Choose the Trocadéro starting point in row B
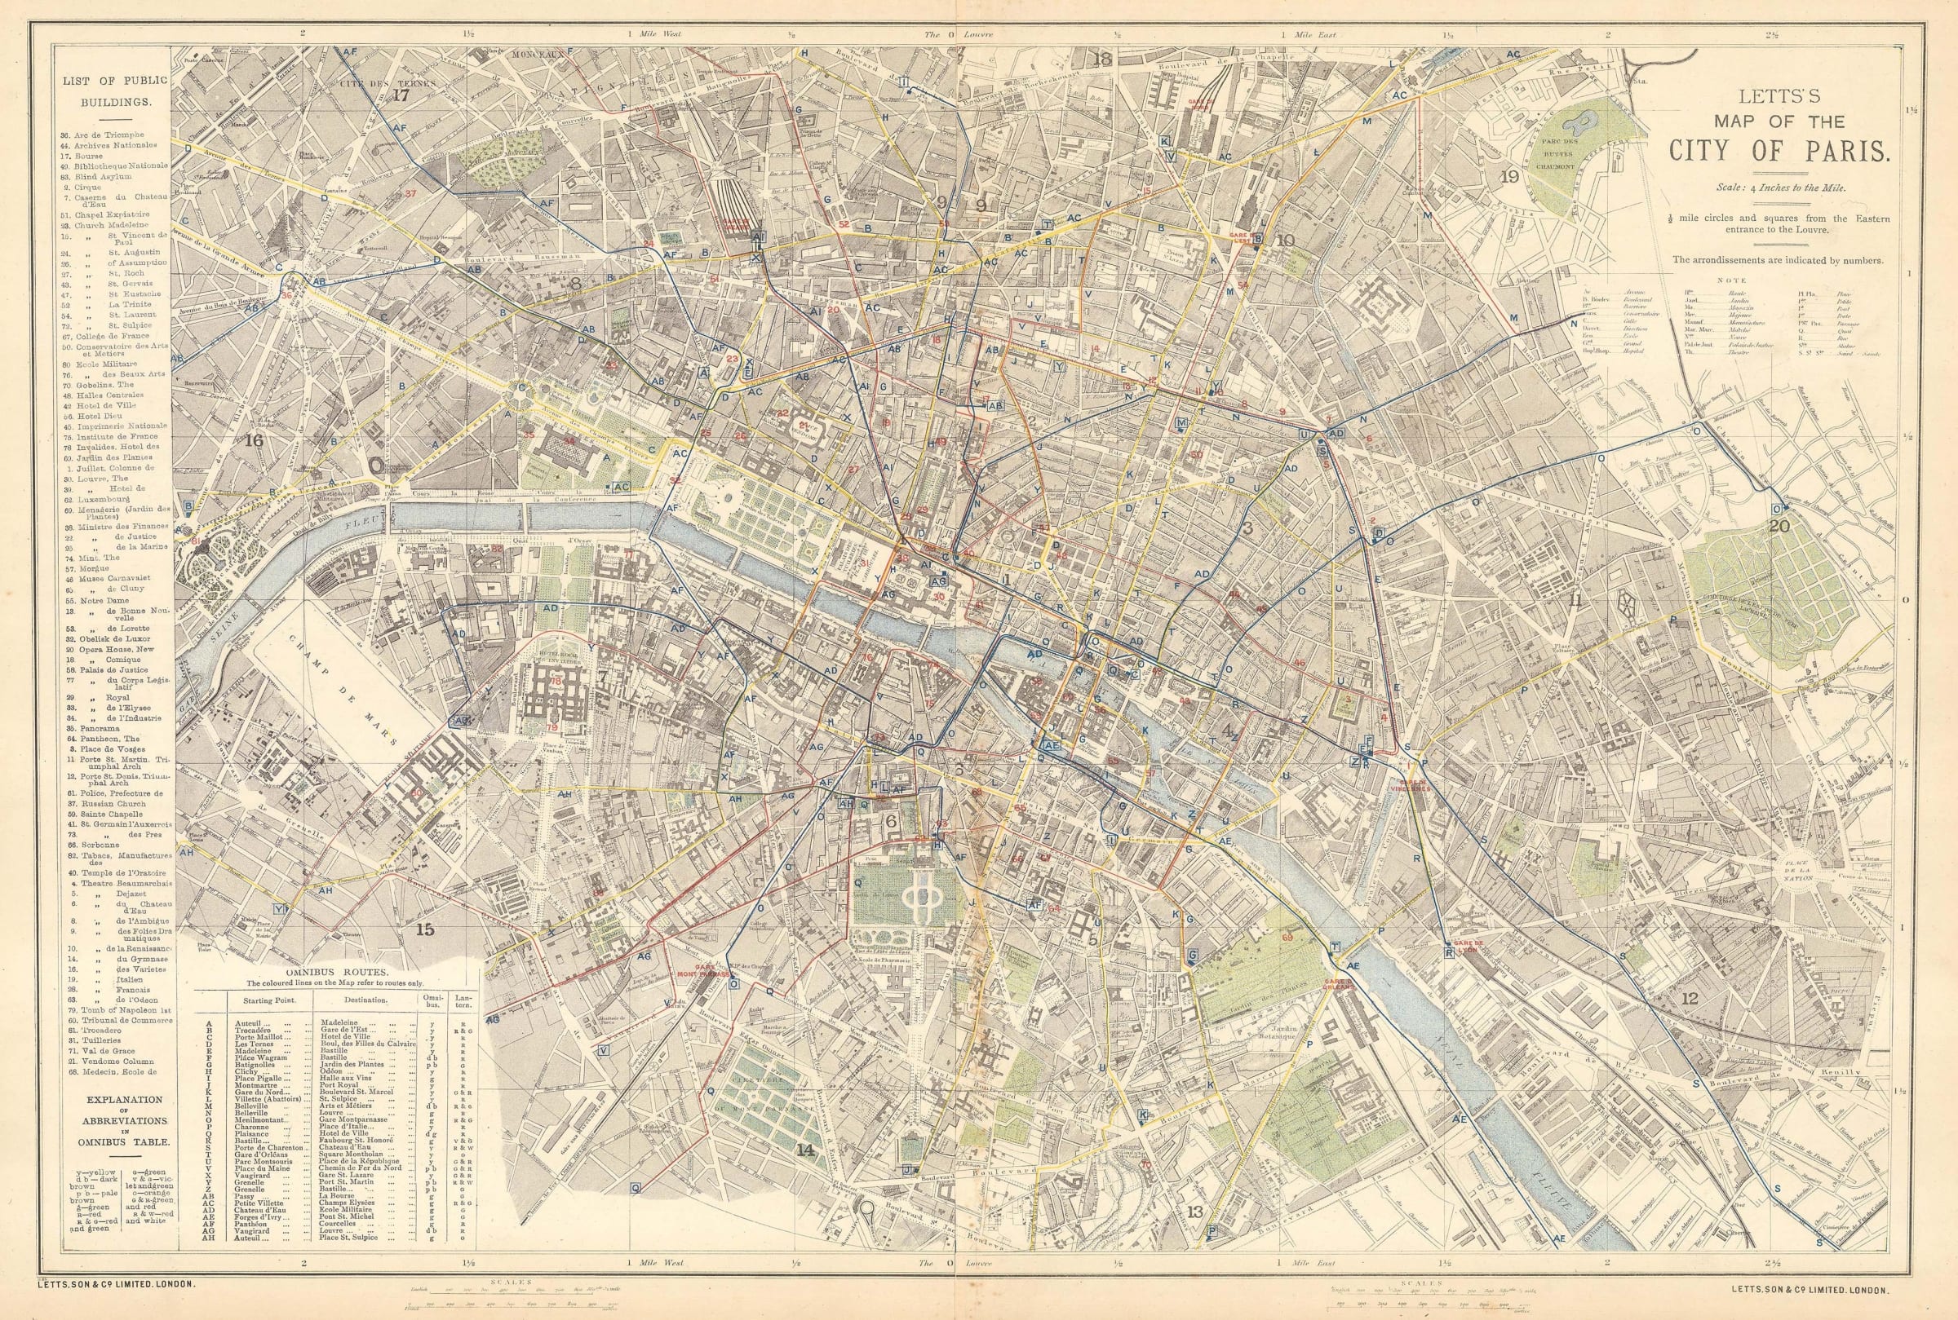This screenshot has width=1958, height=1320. (258, 1031)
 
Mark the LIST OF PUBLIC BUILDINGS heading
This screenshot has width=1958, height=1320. (113, 91)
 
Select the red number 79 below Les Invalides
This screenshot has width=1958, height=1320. (552, 727)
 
